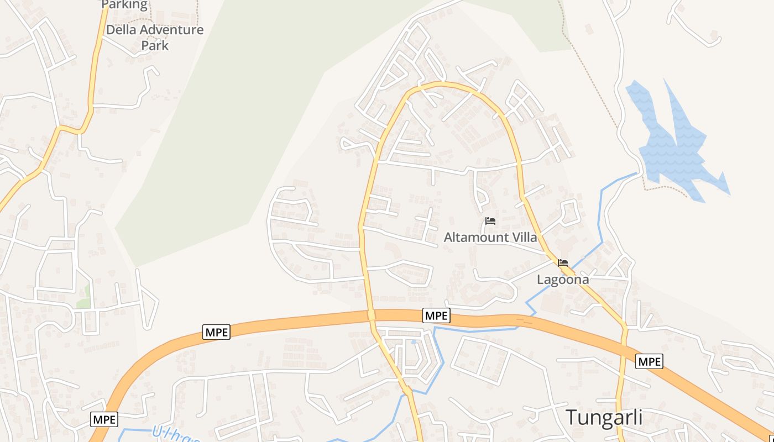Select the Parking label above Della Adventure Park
[x=124, y=5]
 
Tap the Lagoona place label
[x=563, y=280]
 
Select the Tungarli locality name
[x=604, y=417]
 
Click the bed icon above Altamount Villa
[x=490, y=222]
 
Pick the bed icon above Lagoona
[x=563, y=263]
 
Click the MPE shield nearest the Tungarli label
[x=649, y=361]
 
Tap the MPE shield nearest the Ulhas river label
[x=104, y=419]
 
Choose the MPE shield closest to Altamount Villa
[x=436, y=315]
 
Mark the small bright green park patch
[x=83, y=303]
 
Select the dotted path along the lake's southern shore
[x=663, y=188]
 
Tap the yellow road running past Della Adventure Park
[x=94, y=77]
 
